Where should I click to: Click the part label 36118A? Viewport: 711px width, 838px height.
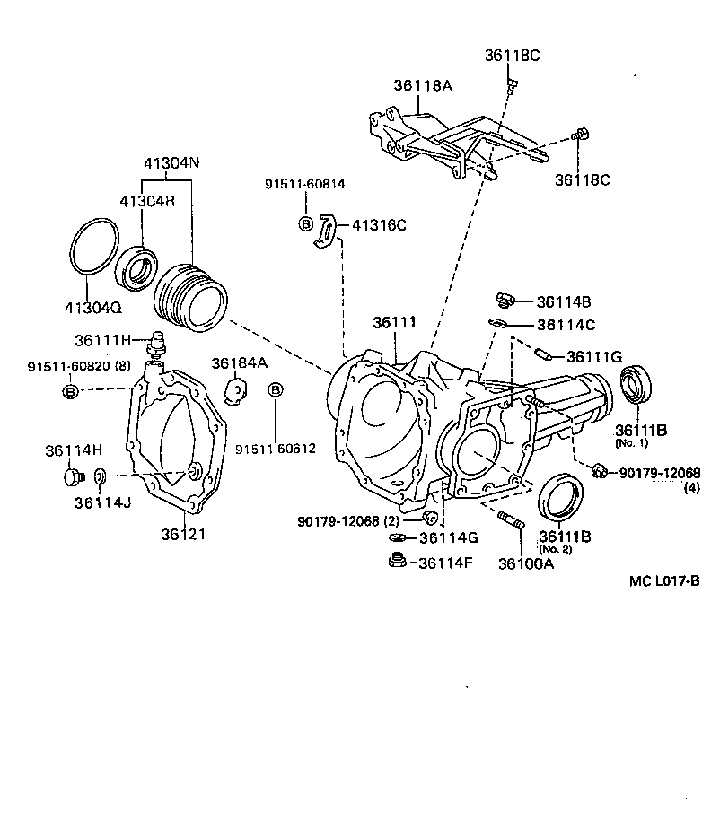422,86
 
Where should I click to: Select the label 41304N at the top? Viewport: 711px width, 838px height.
171,163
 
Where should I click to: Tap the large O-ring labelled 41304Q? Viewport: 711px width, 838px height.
93,245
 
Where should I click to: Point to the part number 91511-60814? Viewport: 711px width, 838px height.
304,184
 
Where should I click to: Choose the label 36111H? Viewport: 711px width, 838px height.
103,340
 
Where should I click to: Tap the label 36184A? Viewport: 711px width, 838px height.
240,362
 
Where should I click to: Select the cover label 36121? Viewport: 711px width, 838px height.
183,534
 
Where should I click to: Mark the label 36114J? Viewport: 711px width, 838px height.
102,502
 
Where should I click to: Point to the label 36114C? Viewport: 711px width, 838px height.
566,325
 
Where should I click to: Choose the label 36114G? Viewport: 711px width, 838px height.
449,538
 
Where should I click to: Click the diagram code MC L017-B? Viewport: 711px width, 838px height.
664,580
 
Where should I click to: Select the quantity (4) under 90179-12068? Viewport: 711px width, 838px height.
691,488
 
